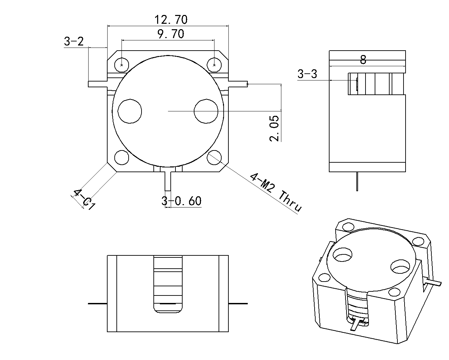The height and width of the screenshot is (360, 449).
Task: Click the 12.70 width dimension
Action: (x=171, y=20)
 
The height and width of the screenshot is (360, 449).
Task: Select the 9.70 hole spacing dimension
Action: (x=171, y=34)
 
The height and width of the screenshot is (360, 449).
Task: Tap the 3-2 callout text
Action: (x=74, y=42)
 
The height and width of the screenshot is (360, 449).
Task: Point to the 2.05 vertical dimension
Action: (x=274, y=128)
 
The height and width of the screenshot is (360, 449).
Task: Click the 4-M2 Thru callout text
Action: (x=275, y=192)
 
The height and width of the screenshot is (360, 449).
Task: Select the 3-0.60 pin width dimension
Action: (x=182, y=201)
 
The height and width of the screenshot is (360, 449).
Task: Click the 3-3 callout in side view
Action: (x=307, y=74)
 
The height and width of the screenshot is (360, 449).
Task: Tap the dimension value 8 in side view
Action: (x=363, y=60)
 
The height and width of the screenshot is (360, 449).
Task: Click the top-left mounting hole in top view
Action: (x=121, y=65)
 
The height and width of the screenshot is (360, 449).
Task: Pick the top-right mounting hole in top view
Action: (x=214, y=65)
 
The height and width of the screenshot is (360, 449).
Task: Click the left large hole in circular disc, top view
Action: (x=130, y=111)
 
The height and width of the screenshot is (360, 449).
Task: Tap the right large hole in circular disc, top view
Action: (x=206, y=111)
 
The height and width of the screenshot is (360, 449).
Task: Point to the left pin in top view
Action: (x=97, y=84)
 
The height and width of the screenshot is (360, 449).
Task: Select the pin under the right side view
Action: (x=357, y=181)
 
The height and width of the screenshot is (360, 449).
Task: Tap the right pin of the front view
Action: (x=238, y=303)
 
